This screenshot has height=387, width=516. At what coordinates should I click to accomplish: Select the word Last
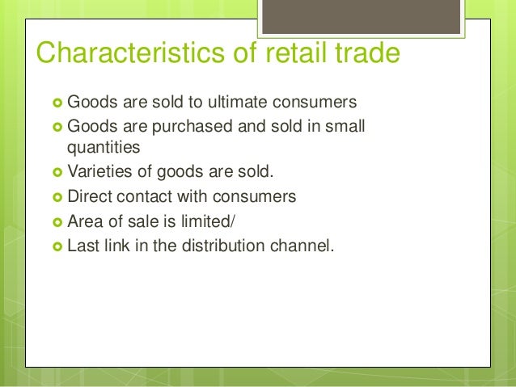[x=83, y=246]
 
